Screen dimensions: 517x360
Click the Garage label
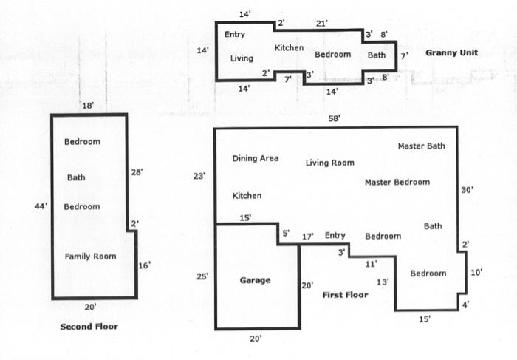click(256, 280)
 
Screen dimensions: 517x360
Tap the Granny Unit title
click(451, 52)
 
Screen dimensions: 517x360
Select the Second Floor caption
click(89, 327)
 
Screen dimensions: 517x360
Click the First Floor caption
click(345, 295)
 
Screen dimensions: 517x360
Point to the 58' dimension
click(335, 118)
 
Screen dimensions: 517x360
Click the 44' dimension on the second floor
click(41, 206)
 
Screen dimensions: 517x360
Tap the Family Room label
click(90, 257)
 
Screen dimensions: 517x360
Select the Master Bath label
click(422, 146)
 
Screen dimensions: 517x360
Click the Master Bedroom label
click(397, 182)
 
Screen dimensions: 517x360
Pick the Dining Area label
click(256, 158)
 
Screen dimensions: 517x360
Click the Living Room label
click(329, 163)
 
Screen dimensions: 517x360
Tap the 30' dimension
click(468, 190)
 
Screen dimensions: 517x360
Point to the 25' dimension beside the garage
click(202, 276)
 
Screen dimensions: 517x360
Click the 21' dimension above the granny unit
click(322, 24)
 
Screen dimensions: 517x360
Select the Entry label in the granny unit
click(234, 34)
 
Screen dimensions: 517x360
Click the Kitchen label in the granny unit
click(289, 48)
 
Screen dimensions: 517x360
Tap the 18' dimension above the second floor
click(88, 106)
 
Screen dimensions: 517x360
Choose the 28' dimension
click(137, 172)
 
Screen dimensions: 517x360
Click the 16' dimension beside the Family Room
click(144, 265)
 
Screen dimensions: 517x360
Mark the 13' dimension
click(383, 282)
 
